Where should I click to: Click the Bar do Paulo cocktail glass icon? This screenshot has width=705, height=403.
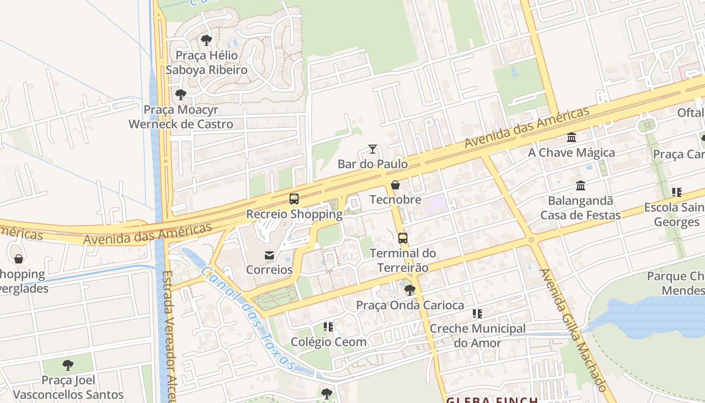point(373,149)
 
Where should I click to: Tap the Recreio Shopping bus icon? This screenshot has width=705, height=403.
point(294,199)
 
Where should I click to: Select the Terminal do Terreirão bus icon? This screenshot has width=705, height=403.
point(402,238)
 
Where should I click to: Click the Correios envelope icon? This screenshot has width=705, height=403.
point(269,255)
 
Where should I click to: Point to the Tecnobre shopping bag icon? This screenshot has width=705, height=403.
point(395,185)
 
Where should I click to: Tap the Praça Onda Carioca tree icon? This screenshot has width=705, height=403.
point(410,290)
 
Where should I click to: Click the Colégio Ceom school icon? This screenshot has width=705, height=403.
point(328,327)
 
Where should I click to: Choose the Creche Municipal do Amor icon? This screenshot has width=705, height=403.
point(477,314)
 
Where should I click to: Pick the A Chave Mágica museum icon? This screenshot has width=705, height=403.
point(572,137)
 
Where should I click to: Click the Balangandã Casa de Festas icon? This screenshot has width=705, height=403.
point(581,186)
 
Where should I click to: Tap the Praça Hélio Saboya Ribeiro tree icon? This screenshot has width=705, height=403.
point(206,40)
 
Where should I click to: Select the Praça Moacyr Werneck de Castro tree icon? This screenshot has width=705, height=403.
point(180,94)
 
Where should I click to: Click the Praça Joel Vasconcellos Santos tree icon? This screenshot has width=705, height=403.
point(68,365)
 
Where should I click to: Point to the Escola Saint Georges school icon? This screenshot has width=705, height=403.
point(677,192)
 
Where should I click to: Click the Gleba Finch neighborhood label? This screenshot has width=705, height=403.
point(492,399)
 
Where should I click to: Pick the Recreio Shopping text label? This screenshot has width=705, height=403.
point(294,214)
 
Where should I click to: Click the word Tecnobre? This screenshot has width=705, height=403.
point(395,199)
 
